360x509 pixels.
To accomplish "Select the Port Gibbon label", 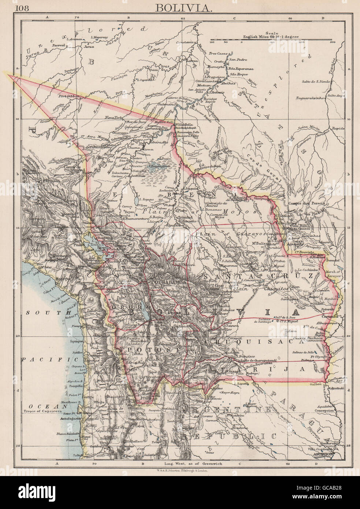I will pos(68,97).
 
